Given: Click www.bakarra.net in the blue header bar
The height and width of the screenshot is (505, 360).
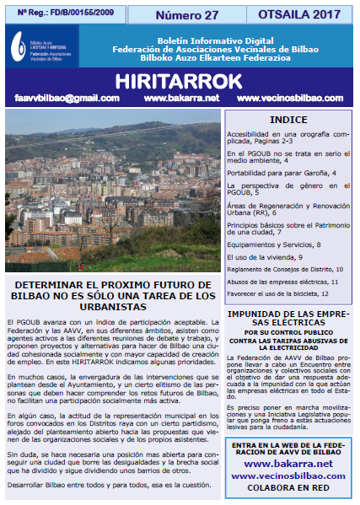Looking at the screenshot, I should tap(182, 98).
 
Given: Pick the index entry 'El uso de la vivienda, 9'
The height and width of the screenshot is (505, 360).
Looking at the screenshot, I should tap(264, 255).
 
